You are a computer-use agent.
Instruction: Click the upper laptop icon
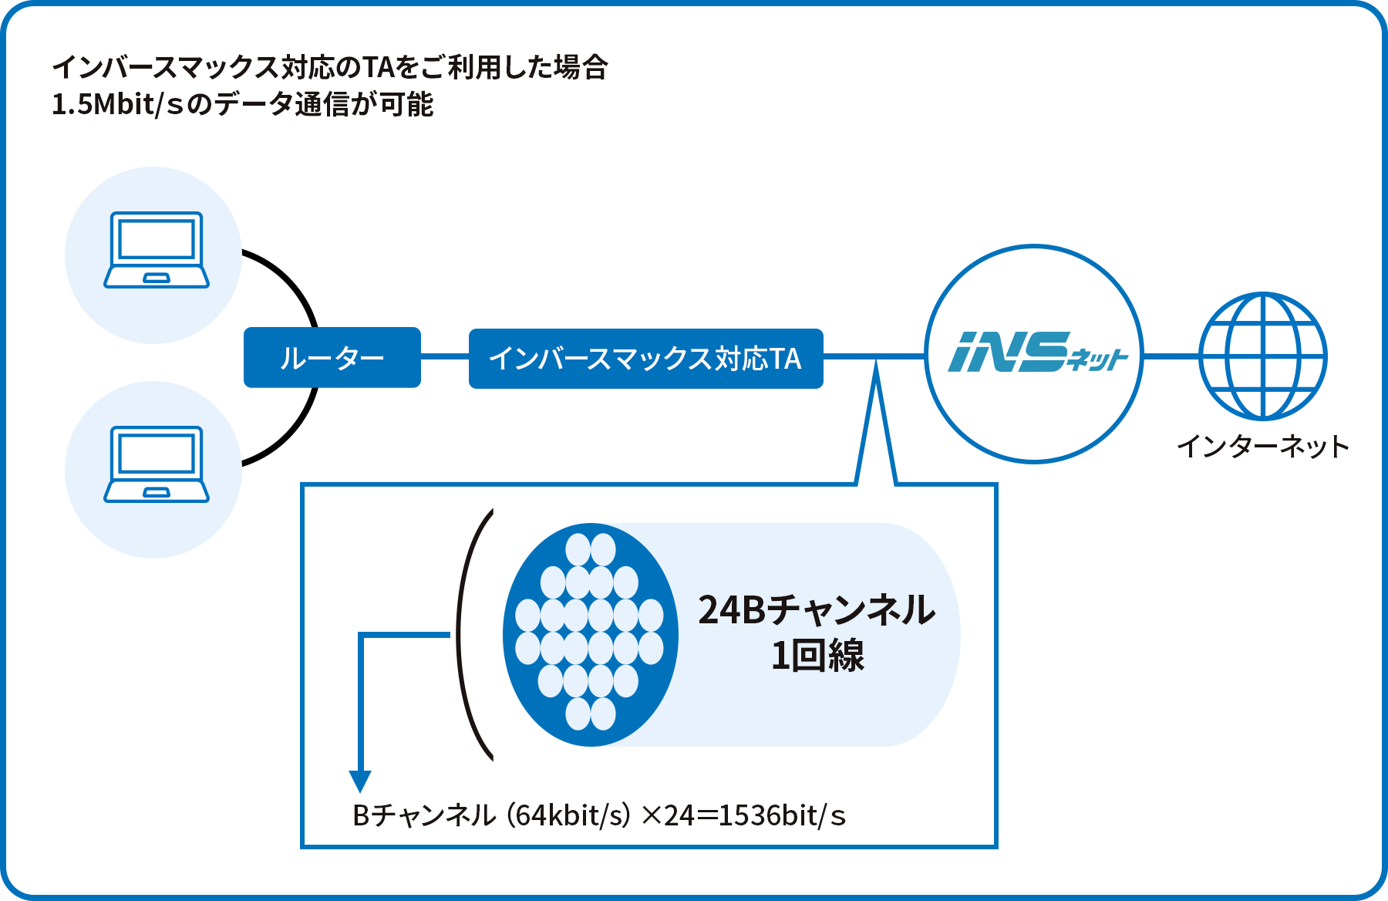(157, 250)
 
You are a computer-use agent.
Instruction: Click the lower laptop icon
(157, 464)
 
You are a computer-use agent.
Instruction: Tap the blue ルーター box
(332, 358)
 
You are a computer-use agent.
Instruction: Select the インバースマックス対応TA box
(645, 359)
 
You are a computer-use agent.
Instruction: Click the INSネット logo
(1034, 353)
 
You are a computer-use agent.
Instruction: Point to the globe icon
(1262, 356)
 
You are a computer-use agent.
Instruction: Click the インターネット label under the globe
(1262, 447)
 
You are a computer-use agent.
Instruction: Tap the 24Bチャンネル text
(817, 609)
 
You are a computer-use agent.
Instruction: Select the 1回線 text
(817, 656)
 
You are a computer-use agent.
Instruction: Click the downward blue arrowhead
(360, 781)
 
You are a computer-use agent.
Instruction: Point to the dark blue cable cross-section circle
(591, 634)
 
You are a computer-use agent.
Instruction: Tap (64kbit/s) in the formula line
(568, 815)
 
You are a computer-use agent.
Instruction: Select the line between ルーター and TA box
(445, 357)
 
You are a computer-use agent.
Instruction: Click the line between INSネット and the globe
(1171, 356)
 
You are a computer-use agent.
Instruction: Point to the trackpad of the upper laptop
(157, 278)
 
